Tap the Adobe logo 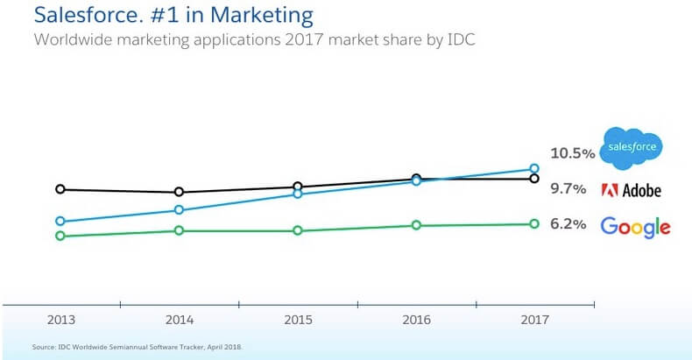click(x=631, y=190)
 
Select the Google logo click(x=635, y=226)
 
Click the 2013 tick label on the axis click(x=60, y=321)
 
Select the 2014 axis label click(x=179, y=321)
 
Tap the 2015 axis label click(x=298, y=321)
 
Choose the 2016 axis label click(x=416, y=321)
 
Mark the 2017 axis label click(x=533, y=321)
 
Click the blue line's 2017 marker click(x=533, y=169)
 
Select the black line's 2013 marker click(x=60, y=188)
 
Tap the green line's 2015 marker click(x=298, y=230)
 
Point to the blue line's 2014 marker click(x=179, y=210)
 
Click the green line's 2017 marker click(x=533, y=224)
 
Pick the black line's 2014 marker click(x=179, y=192)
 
